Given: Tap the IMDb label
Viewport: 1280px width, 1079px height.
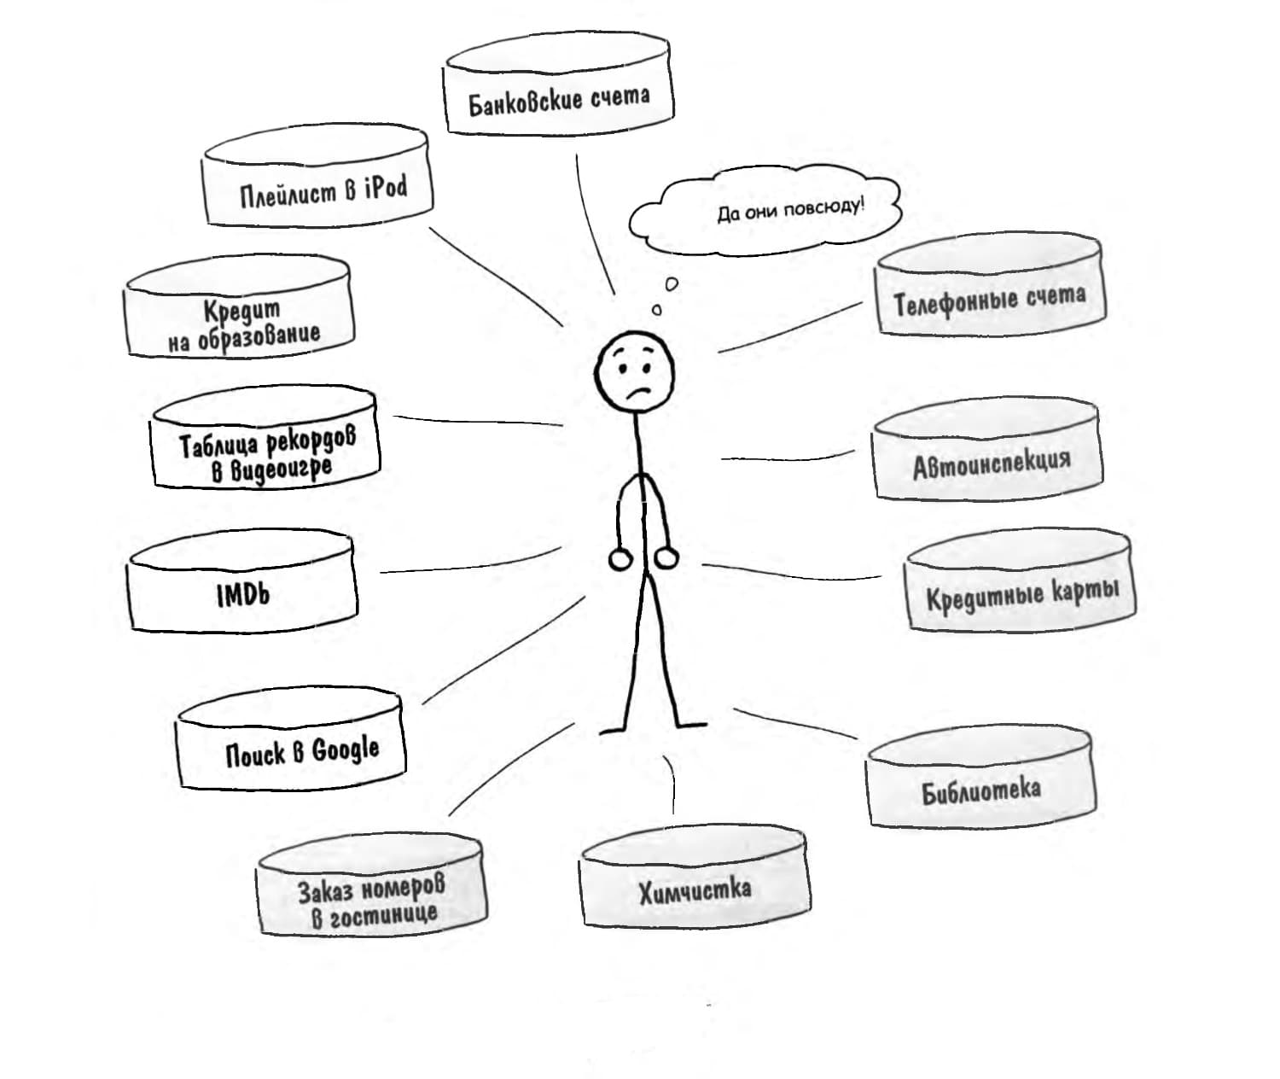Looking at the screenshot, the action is click(x=243, y=594).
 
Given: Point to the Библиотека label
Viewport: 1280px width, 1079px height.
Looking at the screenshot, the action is click(x=981, y=790).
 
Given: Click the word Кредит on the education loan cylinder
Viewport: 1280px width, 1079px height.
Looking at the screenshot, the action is click(x=242, y=311).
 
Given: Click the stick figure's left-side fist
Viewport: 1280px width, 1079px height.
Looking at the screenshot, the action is click(x=620, y=559).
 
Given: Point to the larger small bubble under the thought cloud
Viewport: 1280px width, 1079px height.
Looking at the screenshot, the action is click(x=672, y=283).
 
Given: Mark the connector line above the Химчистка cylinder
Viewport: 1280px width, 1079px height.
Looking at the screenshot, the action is click(x=672, y=785).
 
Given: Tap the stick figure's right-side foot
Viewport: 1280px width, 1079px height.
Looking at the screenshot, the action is click(x=691, y=726).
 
